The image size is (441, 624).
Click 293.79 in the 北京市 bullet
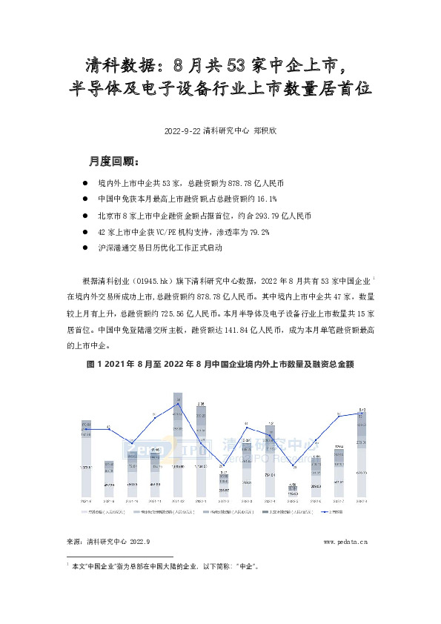point(265,216)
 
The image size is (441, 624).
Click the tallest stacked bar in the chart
point(178,445)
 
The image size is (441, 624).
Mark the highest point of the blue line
point(178,404)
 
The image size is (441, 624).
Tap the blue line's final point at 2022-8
point(361,414)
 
